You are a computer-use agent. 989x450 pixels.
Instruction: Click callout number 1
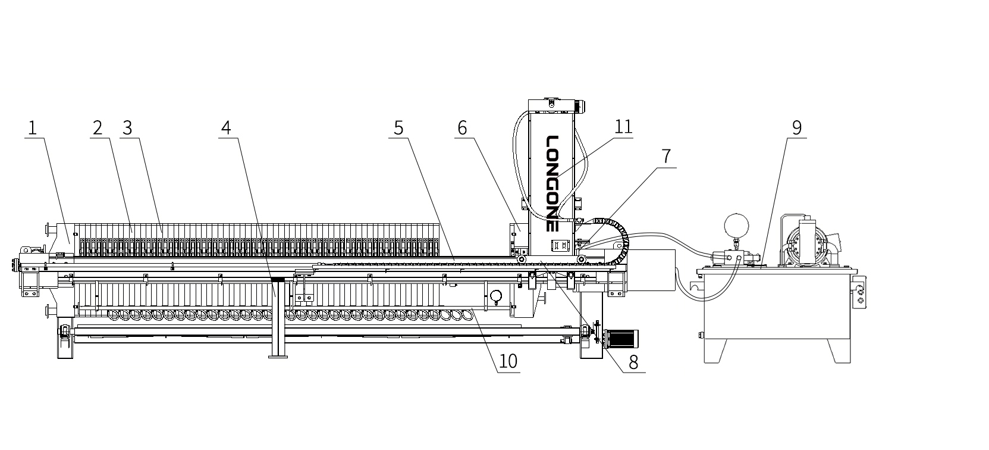(x=32, y=128)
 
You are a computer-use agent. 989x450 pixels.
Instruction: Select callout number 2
(x=98, y=128)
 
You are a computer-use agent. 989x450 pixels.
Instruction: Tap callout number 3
(x=127, y=128)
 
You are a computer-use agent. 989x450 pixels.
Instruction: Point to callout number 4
(x=225, y=128)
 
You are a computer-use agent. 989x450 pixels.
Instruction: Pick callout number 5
(x=398, y=128)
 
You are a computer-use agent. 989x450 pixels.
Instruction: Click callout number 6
(x=462, y=128)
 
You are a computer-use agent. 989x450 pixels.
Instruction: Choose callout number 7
(x=666, y=157)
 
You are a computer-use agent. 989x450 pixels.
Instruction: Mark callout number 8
(x=633, y=362)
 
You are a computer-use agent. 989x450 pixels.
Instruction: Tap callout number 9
(x=796, y=128)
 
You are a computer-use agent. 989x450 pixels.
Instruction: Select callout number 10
(x=508, y=361)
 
